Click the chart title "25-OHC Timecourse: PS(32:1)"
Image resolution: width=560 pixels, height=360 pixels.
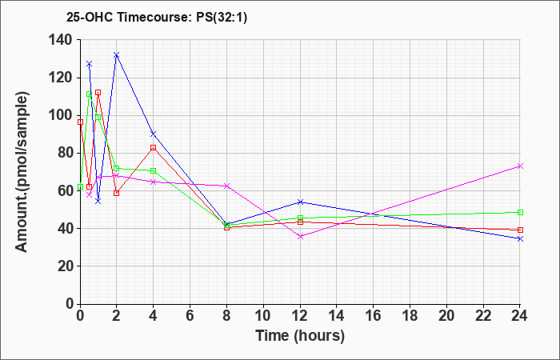coord(157,18)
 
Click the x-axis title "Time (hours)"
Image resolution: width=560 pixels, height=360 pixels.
coord(300,336)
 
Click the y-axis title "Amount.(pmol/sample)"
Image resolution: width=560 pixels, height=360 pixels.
coord(22,172)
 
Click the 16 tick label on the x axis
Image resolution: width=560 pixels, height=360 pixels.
coord(374,315)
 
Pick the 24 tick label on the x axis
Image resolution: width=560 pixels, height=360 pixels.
coord(520,315)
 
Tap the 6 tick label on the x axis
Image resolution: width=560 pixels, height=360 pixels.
coord(190,315)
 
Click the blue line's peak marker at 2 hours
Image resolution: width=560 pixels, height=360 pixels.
coord(117,55)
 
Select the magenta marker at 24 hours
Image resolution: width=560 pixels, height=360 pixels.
coord(520,166)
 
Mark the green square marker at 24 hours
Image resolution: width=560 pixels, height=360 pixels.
coord(520,213)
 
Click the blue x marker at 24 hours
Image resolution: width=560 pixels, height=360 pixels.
coord(520,238)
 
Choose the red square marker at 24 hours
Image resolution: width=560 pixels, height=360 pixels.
coord(520,230)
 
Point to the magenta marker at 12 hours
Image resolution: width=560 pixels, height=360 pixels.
coord(300,236)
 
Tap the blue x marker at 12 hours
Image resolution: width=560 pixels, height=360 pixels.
coord(300,202)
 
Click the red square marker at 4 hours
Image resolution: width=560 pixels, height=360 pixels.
coord(154,147)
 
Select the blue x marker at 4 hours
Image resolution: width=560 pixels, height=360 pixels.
coord(154,134)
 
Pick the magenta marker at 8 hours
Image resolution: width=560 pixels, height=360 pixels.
coord(226,186)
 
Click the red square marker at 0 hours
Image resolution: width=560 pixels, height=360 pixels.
coord(80,122)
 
